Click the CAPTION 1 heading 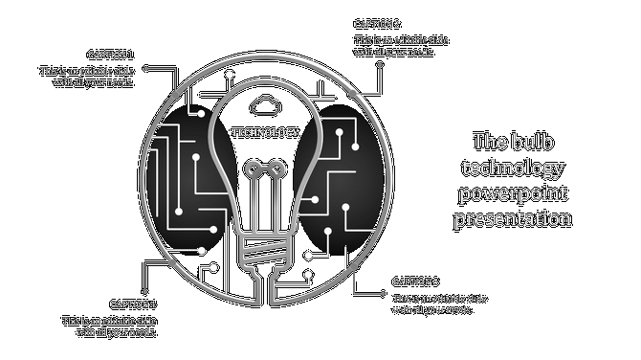[110, 56]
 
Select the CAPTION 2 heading [377, 24]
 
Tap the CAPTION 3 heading [415, 282]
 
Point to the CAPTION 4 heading [133, 304]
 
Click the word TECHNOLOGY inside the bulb [265, 132]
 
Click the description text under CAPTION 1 [86, 77]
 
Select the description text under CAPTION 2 [401, 46]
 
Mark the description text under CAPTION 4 [109, 326]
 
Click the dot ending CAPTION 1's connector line [144, 68]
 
